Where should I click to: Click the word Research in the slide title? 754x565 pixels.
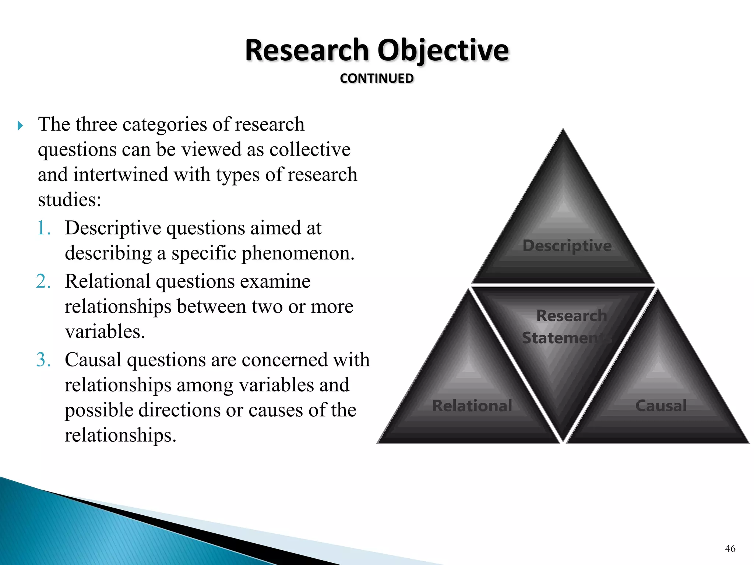click(x=307, y=50)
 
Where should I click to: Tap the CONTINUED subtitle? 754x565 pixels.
click(x=377, y=78)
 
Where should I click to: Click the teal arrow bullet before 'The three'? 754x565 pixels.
click(x=20, y=126)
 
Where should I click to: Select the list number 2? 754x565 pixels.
click(x=44, y=281)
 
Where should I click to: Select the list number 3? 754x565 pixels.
click(x=44, y=360)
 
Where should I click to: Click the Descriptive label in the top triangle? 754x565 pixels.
click(x=567, y=245)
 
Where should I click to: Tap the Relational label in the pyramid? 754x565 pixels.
click(x=472, y=406)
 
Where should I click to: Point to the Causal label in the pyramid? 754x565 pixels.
click(x=661, y=406)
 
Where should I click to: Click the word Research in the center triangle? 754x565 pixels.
click(x=571, y=316)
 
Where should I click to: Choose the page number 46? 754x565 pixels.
click(x=730, y=548)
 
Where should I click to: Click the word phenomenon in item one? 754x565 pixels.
click(x=298, y=253)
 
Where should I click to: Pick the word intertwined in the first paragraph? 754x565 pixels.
click(x=121, y=175)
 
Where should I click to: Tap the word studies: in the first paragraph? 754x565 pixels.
click(x=70, y=200)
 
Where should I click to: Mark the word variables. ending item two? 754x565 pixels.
click(x=105, y=332)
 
